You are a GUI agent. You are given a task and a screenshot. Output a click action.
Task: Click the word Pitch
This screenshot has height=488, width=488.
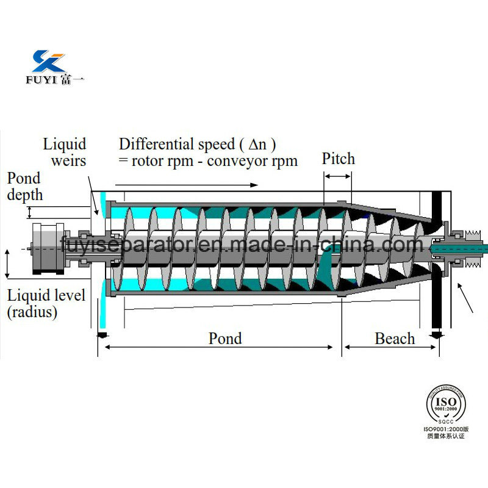[x=338, y=159]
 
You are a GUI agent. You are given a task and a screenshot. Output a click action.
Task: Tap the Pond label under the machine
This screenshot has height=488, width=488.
[x=225, y=338]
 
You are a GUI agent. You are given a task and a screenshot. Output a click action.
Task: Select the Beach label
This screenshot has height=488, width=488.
[x=395, y=339]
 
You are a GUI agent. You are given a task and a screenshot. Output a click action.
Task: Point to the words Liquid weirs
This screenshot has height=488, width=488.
[x=64, y=152]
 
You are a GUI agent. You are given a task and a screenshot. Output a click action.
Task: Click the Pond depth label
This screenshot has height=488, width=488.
[x=24, y=186]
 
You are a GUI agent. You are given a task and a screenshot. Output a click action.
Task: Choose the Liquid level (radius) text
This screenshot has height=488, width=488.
[x=46, y=304]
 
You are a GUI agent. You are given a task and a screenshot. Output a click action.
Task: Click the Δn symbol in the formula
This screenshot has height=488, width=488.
[x=256, y=145]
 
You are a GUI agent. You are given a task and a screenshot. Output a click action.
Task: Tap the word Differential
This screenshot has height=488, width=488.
[x=156, y=145]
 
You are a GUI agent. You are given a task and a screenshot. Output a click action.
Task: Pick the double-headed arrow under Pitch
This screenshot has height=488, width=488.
[x=337, y=176]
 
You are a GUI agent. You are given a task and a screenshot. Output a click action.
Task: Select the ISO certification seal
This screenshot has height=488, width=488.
[x=445, y=403]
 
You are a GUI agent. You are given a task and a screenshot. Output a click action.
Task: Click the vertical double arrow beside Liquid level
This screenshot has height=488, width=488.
[x=7, y=262]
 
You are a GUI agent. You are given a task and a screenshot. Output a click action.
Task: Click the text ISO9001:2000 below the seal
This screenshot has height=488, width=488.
[x=445, y=429]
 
